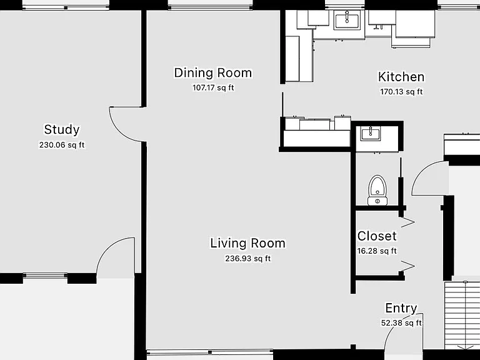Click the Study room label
(x=62, y=129)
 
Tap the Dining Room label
(x=213, y=73)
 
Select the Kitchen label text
(x=401, y=77)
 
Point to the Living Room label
(x=247, y=243)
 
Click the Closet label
(x=377, y=236)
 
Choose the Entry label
(x=401, y=308)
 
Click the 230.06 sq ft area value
(x=62, y=145)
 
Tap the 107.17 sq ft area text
(x=213, y=88)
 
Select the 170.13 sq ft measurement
(x=401, y=92)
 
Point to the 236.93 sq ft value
(x=248, y=259)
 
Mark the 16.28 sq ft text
(x=377, y=251)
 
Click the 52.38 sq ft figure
(x=401, y=323)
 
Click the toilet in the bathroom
(x=377, y=190)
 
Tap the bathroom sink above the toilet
(x=371, y=134)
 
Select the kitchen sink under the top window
(x=347, y=19)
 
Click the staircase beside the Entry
(x=462, y=315)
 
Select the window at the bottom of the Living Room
(x=210, y=352)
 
